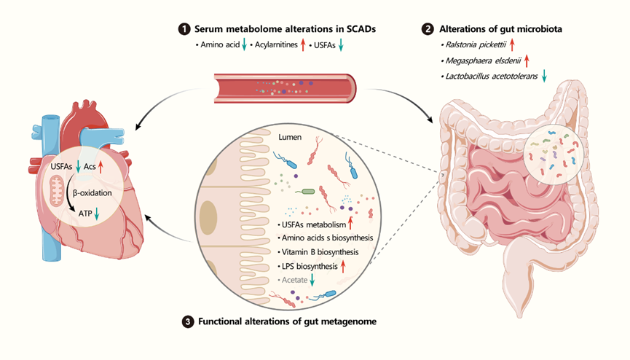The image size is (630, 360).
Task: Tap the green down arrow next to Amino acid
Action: (245, 46)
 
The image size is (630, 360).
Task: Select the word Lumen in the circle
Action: (291, 136)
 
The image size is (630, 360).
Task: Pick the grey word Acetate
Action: (293, 280)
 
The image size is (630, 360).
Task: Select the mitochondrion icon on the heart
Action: (56, 194)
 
